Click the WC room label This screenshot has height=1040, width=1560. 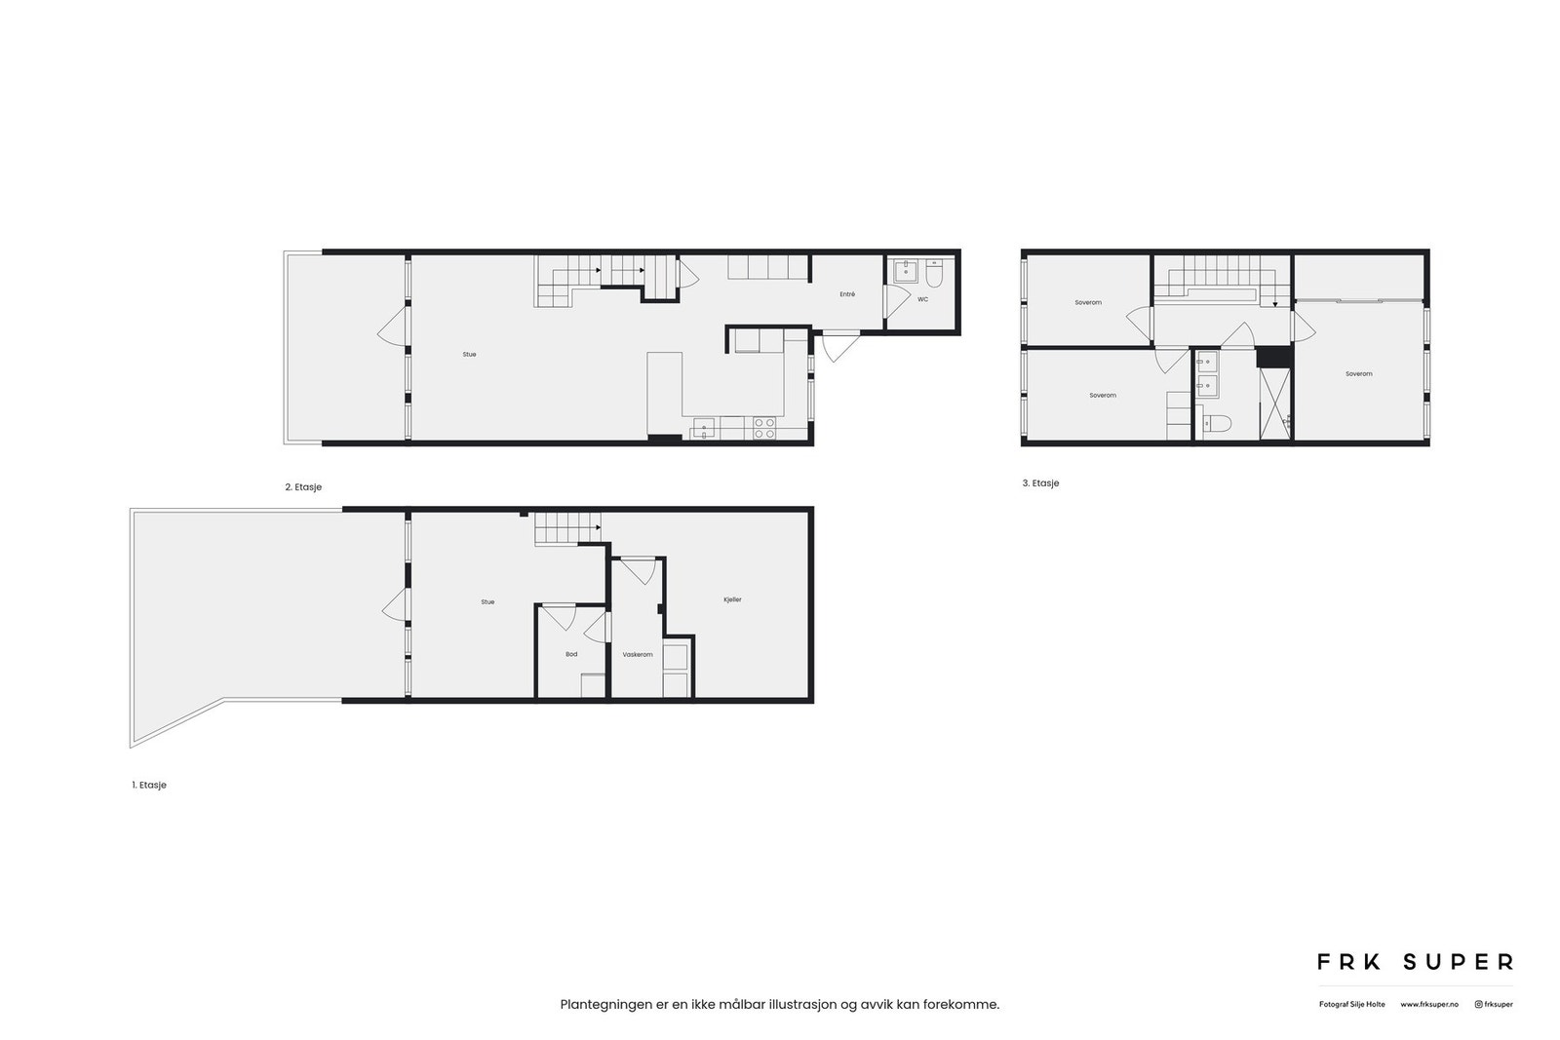pos(922,299)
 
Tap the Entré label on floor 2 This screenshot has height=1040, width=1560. pos(847,293)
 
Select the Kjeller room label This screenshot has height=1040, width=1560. pos(732,599)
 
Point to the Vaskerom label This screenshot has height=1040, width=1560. pos(638,654)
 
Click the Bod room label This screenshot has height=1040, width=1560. pos(571,654)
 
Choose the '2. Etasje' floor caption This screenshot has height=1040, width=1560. pos(303,486)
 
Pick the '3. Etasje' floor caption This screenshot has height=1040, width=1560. pos(1040,483)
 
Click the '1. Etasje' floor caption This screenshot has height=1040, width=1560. pos(149,785)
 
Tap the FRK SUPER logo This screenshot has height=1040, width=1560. pos(1415,962)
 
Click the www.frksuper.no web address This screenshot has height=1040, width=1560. pos(1429,1004)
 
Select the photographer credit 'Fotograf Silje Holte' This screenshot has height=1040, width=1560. pos(1351,1004)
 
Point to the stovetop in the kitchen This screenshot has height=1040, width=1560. pos(763,428)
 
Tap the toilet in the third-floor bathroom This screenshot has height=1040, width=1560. pos(1217,423)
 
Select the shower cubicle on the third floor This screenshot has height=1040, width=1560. pos(1275,404)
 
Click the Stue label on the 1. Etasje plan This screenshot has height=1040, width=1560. pos(487,601)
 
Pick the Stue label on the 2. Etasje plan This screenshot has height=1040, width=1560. pos(469,354)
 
